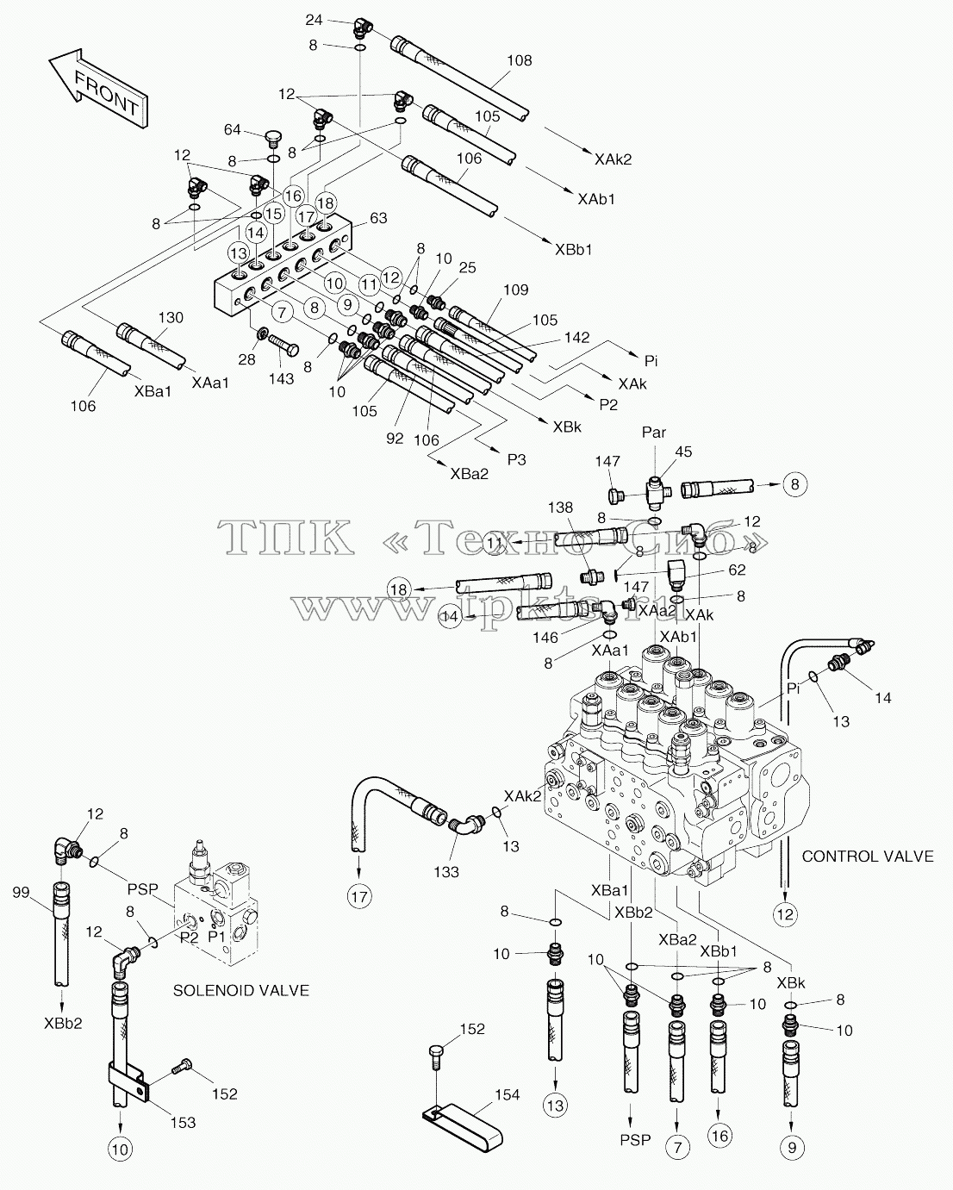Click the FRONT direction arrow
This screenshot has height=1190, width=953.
tap(98, 89)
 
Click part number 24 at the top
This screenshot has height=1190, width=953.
tap(314, 20)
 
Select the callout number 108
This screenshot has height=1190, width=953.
tap(519, 61)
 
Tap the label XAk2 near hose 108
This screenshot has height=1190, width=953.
tap(613, 159)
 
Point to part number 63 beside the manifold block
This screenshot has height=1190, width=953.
tap(378, 218)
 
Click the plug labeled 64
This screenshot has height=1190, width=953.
tap(271, 138)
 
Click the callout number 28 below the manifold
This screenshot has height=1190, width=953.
tap(246, 359)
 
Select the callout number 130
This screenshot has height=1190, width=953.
tap(171, 317)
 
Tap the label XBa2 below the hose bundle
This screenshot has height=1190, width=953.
tap(469, 474)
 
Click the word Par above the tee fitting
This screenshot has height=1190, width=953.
tap(654, 432)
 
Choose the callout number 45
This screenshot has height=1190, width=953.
tap(683, 452)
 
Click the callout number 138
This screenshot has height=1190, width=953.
tap(560, 507)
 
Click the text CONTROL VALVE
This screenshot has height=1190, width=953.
tap(868, 857)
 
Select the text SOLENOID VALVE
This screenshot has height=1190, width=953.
tap(241, 990)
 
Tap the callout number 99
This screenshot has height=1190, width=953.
tap(21, 893)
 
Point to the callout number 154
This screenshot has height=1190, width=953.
tap(508, 1094)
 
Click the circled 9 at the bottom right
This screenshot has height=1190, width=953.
tap(792, 1148)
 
